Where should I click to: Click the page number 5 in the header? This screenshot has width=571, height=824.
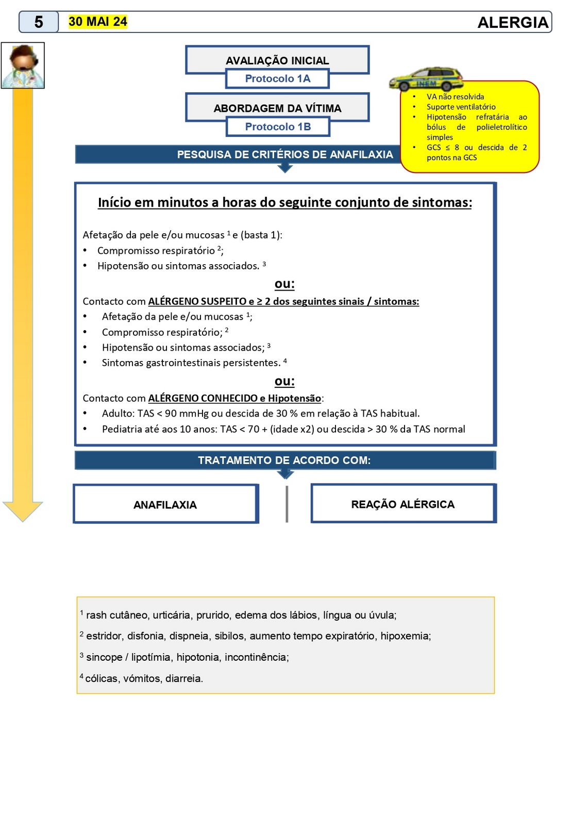coord(39,22)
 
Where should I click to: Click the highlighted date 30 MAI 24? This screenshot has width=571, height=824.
coord(97,22)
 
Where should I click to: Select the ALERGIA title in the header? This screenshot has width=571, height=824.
coord(513,23)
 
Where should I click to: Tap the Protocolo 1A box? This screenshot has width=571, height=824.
coord(277,79)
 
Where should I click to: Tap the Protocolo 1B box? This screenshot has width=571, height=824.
coord(278,127)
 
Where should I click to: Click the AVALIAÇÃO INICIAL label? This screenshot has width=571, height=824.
coord(277,61)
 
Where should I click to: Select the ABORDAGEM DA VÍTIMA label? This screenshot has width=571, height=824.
coord(277,108)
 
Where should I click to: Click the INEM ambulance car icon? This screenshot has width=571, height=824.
coord(426,79)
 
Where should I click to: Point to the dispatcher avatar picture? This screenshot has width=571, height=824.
coord(23,65)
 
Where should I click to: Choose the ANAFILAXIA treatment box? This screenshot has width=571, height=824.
coord(165,505)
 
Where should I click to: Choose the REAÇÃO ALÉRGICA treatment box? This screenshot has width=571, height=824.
coord(403,504)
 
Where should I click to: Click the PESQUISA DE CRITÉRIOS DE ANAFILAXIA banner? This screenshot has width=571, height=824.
coord(285,154)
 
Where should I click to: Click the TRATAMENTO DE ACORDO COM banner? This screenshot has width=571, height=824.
coord(284,460)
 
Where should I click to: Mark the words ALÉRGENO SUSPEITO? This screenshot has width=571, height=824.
coord(197,302)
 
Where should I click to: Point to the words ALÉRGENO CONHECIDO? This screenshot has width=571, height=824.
coord(203,399)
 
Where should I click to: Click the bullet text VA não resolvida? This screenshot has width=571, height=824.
coord(455,97)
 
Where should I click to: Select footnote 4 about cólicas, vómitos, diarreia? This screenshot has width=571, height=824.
coord(144,679)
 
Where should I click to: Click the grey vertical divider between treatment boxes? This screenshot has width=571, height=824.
coord(287,504)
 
